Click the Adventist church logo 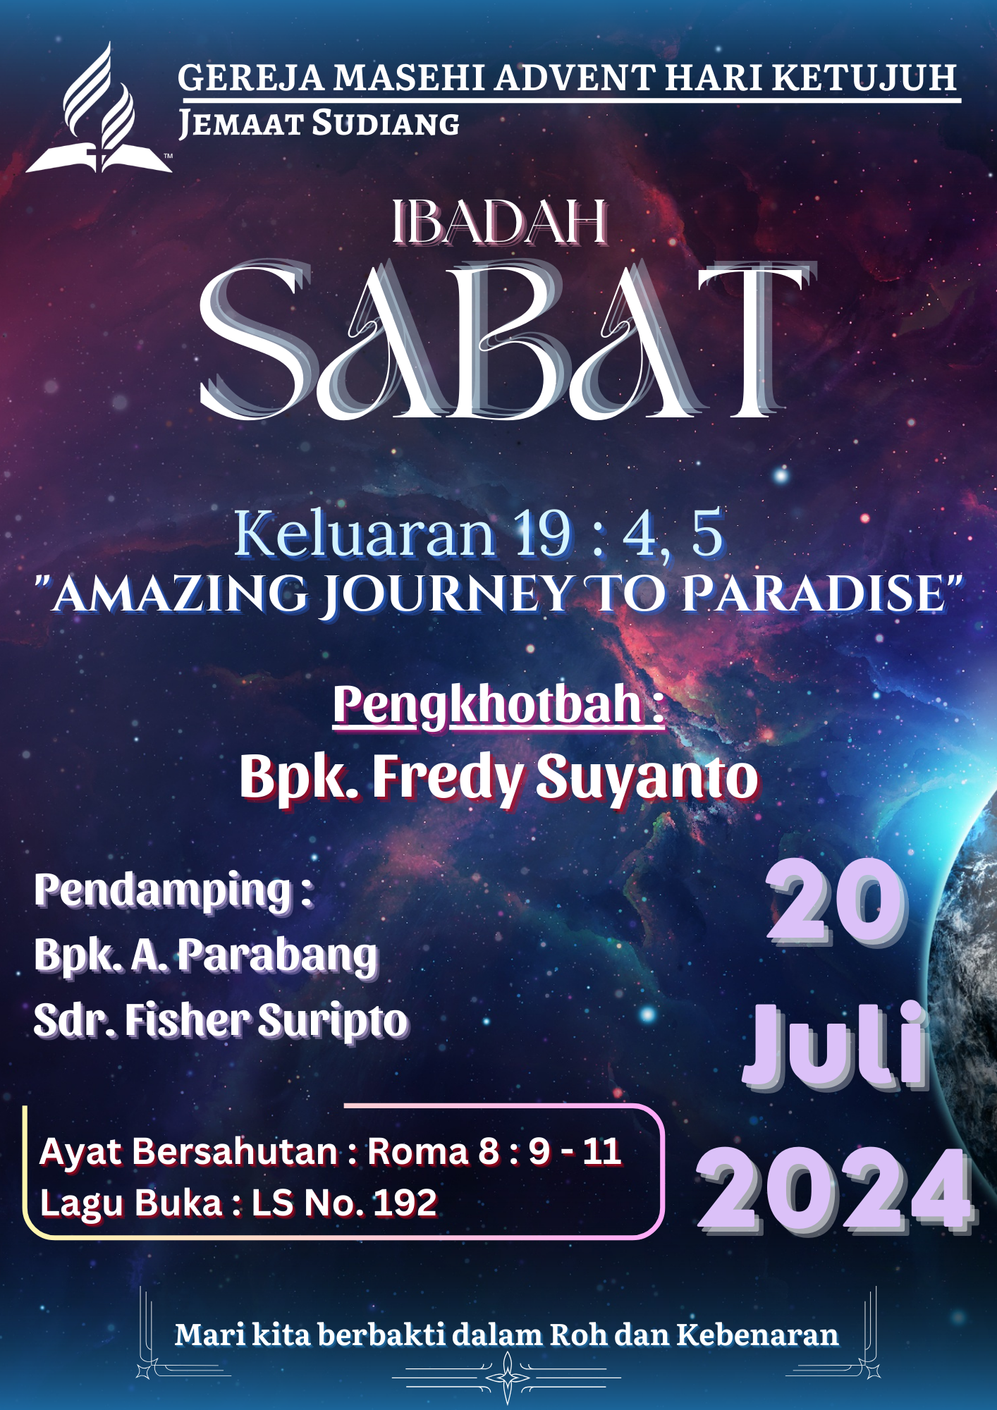point(99,107)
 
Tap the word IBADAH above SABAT point(500,222)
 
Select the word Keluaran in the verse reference point(365,534)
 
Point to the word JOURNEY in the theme point(448,594)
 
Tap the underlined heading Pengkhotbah point(499,705)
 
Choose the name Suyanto point(647,778)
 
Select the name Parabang point(279,957)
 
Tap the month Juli point(836,1045)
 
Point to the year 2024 point(836,1190)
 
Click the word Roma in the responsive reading point(417,1152)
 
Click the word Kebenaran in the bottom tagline point(758,1335)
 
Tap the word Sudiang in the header point(386,123)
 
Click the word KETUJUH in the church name point(865,77)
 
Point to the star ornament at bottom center point(507,1377)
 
